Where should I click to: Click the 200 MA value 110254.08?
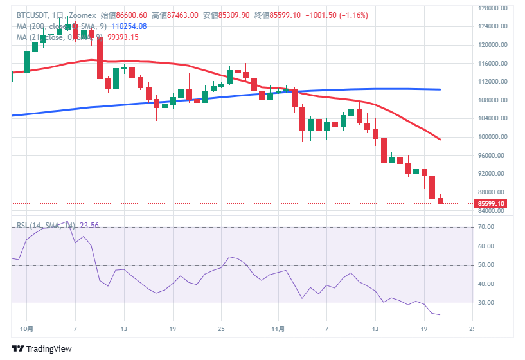point(129,26)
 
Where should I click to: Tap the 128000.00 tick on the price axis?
point(490,8)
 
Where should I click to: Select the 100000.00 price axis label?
point(490,137)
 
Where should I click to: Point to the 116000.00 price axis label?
point(490,64)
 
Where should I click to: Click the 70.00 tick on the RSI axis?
point(485,228)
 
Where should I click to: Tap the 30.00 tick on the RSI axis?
point(485,303)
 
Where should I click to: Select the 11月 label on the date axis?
point(278,328)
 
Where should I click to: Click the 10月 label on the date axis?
point(27,328)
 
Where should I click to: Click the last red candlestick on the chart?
point(441,201)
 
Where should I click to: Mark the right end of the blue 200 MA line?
point(440,89)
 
